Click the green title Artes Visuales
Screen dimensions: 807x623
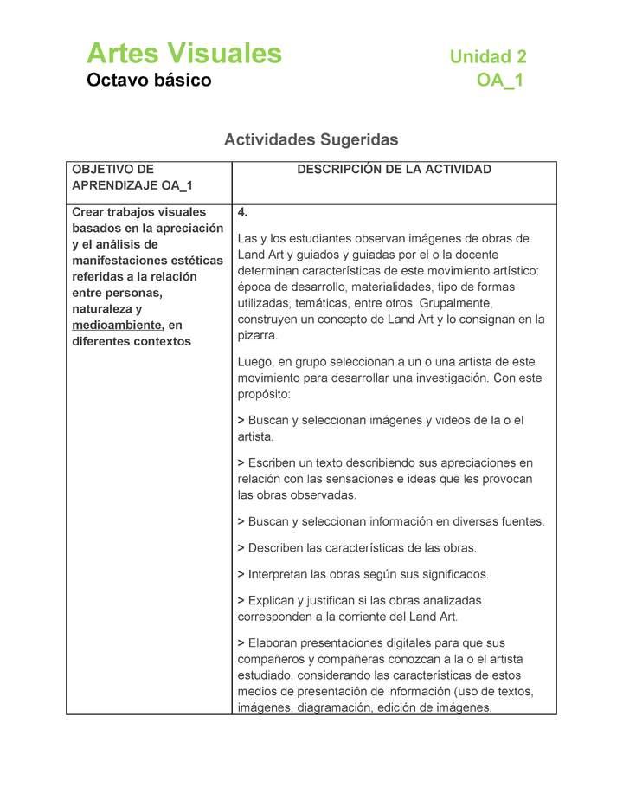click(x=183, y=54)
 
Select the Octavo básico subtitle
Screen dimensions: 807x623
click(x=149, y=81)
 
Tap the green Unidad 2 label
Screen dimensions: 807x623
click(x=487, y=57)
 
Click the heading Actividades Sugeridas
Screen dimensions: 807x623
click(x=311, y=139)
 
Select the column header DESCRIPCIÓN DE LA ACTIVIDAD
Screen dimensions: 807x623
click(x=394, y=170)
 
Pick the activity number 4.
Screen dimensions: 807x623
click(x=242, y=212)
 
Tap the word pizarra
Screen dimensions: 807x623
click(x=257, y=335)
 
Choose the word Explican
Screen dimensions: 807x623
click(x=275, y=600)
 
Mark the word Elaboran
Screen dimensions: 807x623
click(x=277, y=643)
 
